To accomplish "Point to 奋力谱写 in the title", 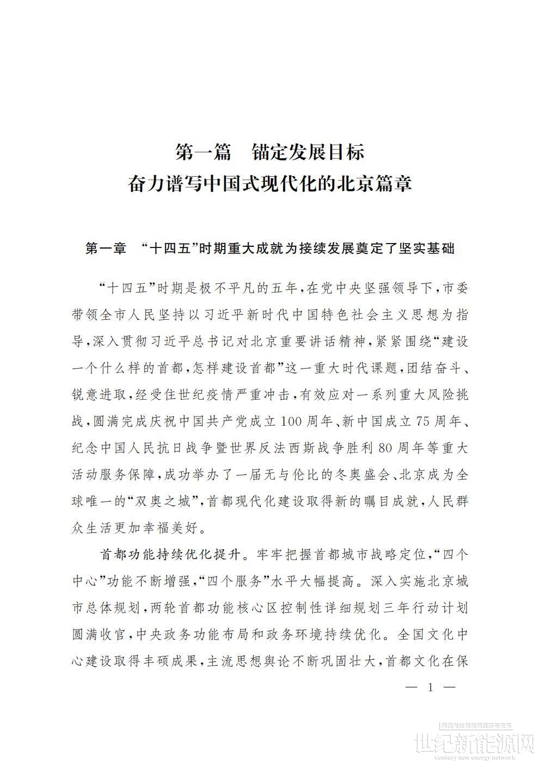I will pos(164,183).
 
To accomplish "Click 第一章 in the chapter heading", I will pos(107,249).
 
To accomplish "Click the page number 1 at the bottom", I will pos(431,687).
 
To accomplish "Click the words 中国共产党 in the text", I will pos(204,421).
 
